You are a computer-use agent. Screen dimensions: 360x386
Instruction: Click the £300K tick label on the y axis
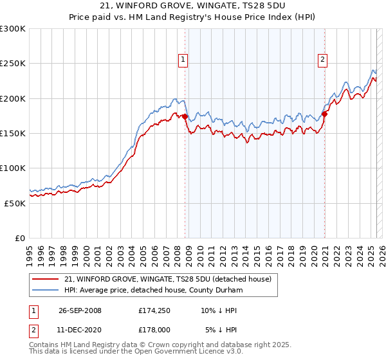tap(13, 29)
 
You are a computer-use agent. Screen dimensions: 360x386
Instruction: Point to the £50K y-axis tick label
tap(15, 203)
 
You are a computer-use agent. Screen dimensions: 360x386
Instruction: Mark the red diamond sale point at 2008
tap(185, 116)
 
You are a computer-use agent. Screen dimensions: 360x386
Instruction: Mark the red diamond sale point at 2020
tap(325, 114)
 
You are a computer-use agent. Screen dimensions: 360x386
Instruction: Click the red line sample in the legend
tap(46, 280)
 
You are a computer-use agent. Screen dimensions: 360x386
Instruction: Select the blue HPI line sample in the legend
tap(46, 290)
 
